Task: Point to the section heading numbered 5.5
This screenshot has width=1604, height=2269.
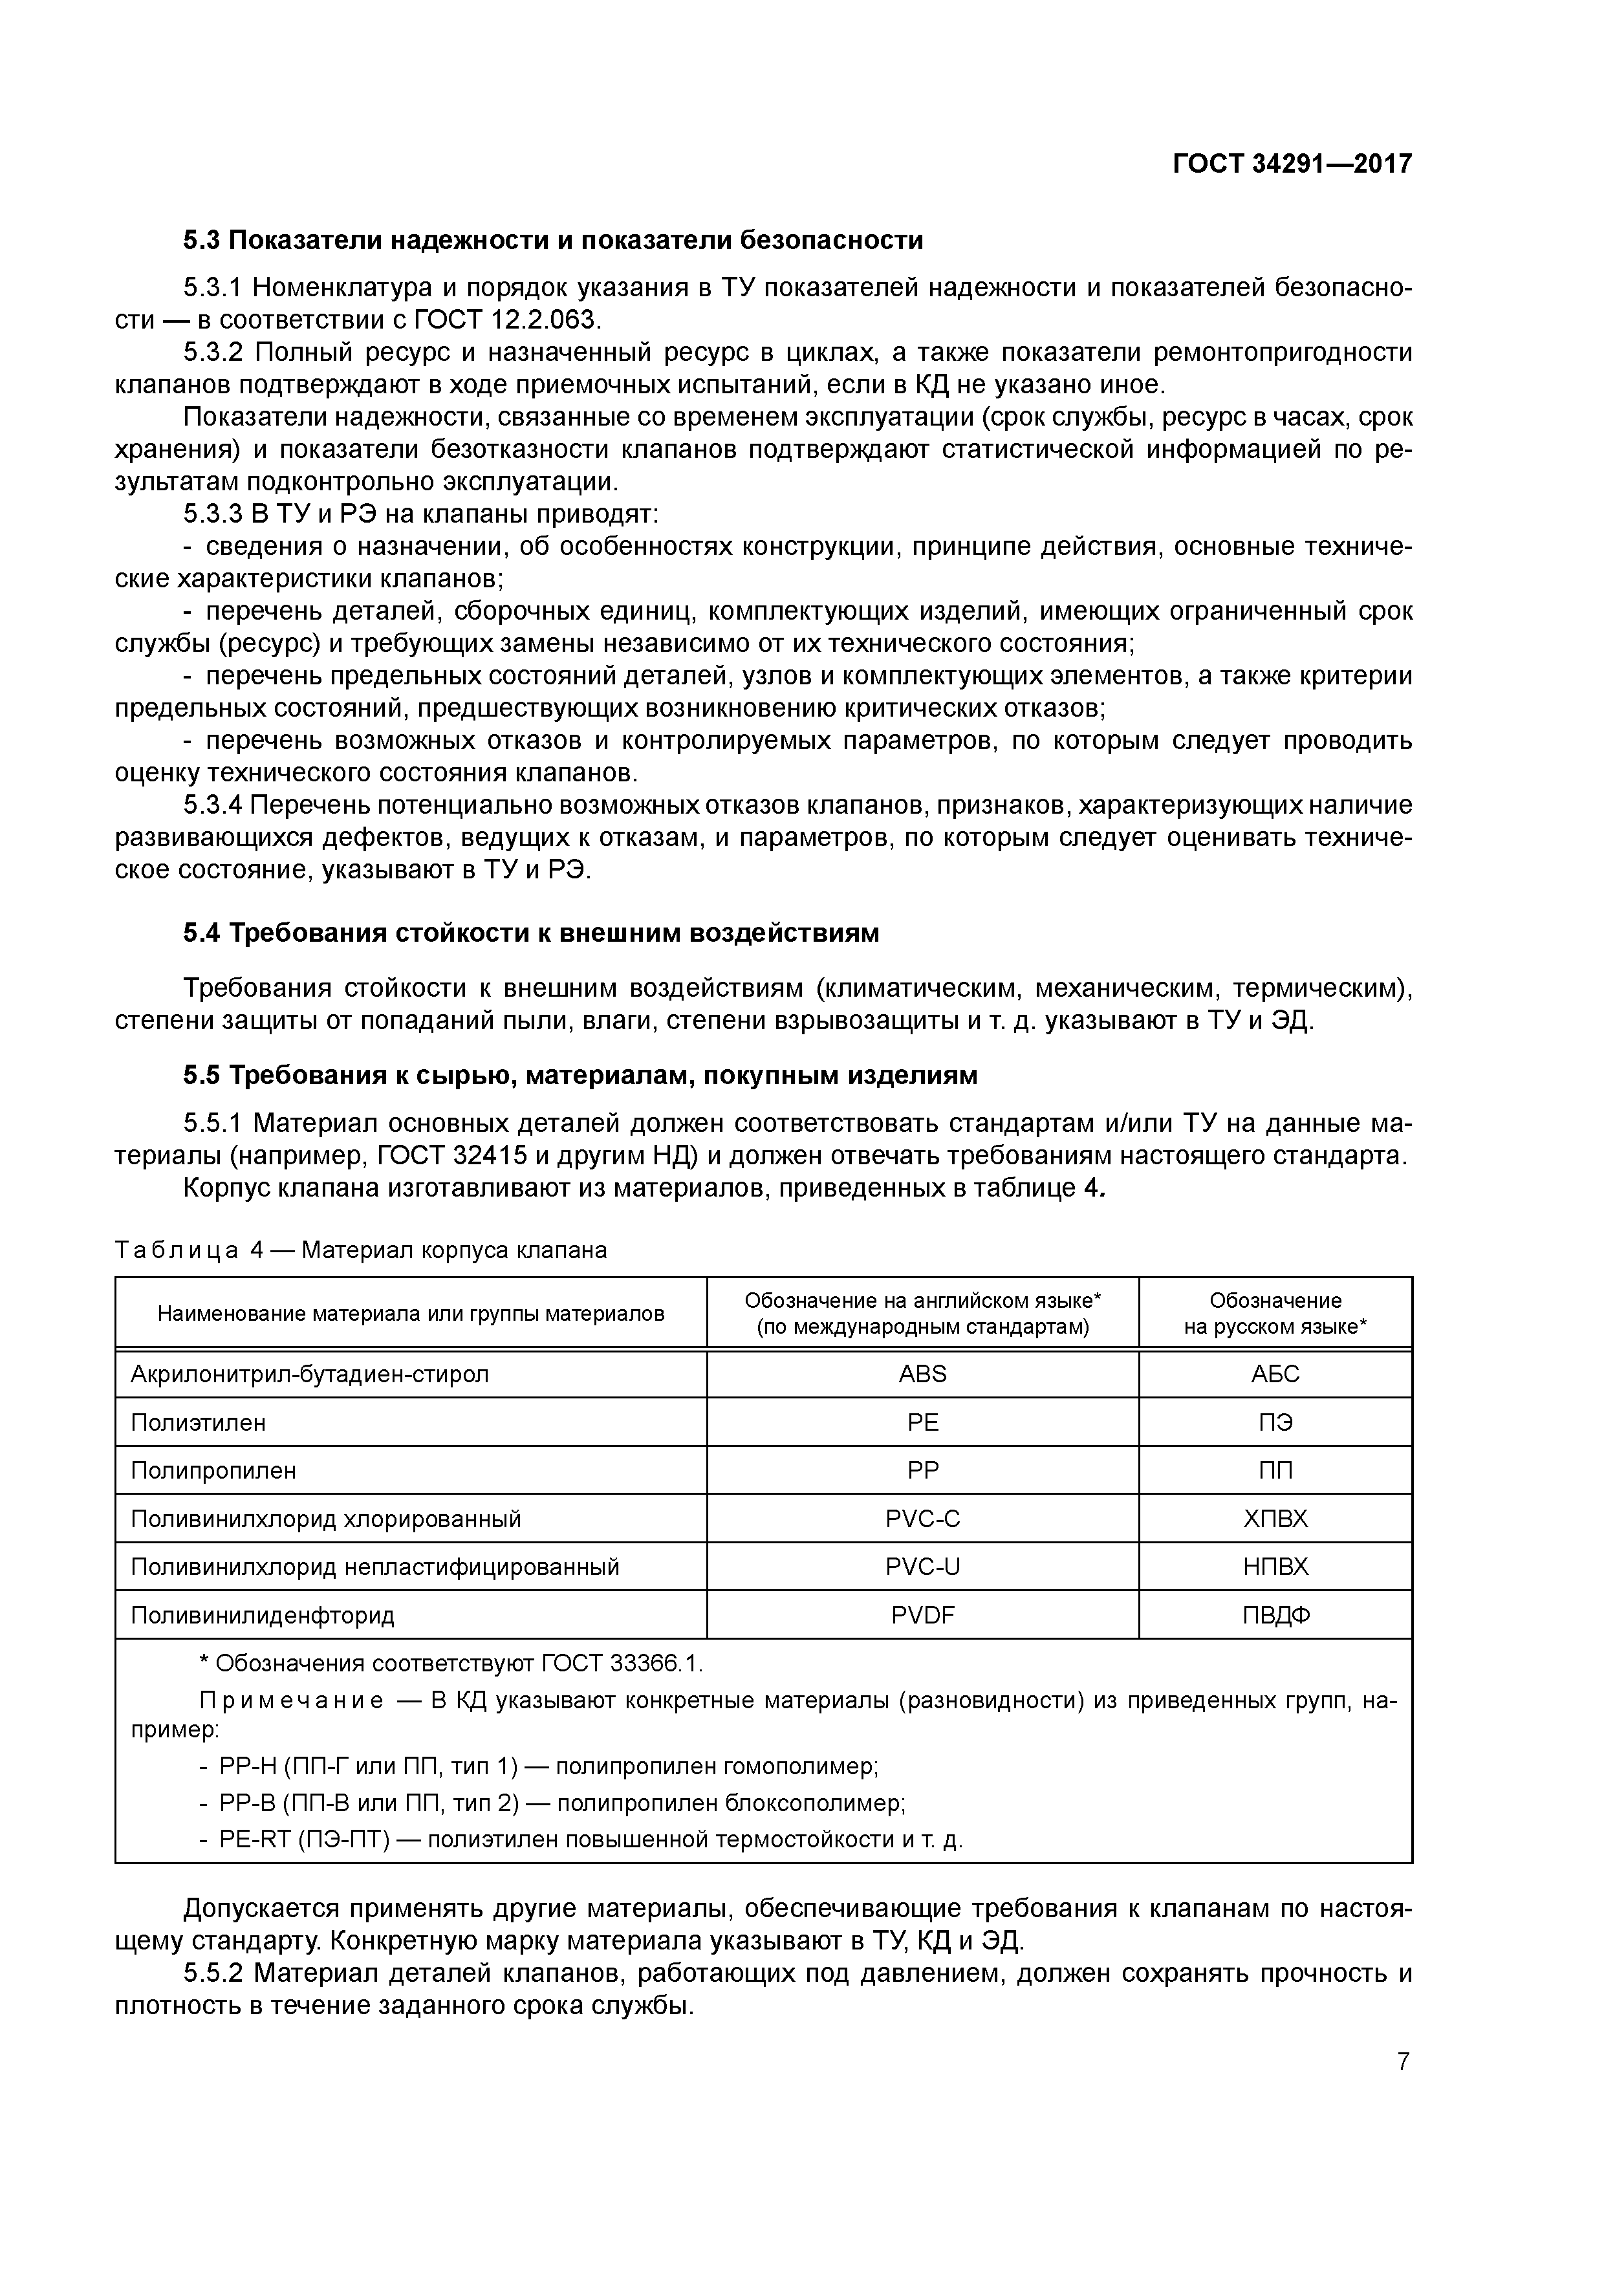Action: click(x=580, y=1074)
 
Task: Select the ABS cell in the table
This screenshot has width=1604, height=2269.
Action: click(x=922, y=1374)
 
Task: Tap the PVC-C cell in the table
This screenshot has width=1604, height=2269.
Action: click(x=922, y=1519)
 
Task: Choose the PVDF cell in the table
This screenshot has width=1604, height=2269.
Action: click(x=922, y=1616)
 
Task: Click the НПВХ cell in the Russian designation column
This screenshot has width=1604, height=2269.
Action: click(x=1275, y=1567)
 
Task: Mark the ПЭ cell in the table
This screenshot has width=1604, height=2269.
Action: click(x=1275, y=1422)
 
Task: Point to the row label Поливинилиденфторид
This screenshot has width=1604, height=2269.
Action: click(x=262, y=1616)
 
